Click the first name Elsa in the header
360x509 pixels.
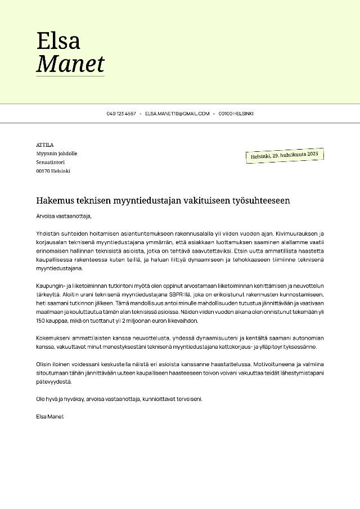(x=58, y=40)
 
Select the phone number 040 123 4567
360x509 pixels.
(x=121, y=114)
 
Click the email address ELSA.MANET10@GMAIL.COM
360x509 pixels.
(x=177, y=114)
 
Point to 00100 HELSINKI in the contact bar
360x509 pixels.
(x=236, y=114)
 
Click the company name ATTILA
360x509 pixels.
(x=45, y=145)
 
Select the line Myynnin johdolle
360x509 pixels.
(x=56, y=153)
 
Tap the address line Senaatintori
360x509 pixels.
(x=50, y=162)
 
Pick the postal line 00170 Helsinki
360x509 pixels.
(x=53, y=171)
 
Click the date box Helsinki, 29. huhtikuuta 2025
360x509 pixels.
(x=285, y=155)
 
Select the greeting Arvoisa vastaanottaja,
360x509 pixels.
(x=63, y=215)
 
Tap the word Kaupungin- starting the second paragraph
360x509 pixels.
(x=51, y=287)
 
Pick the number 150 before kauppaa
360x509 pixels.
(x=41, y=321)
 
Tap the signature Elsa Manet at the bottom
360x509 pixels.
(x=49, y=416)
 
